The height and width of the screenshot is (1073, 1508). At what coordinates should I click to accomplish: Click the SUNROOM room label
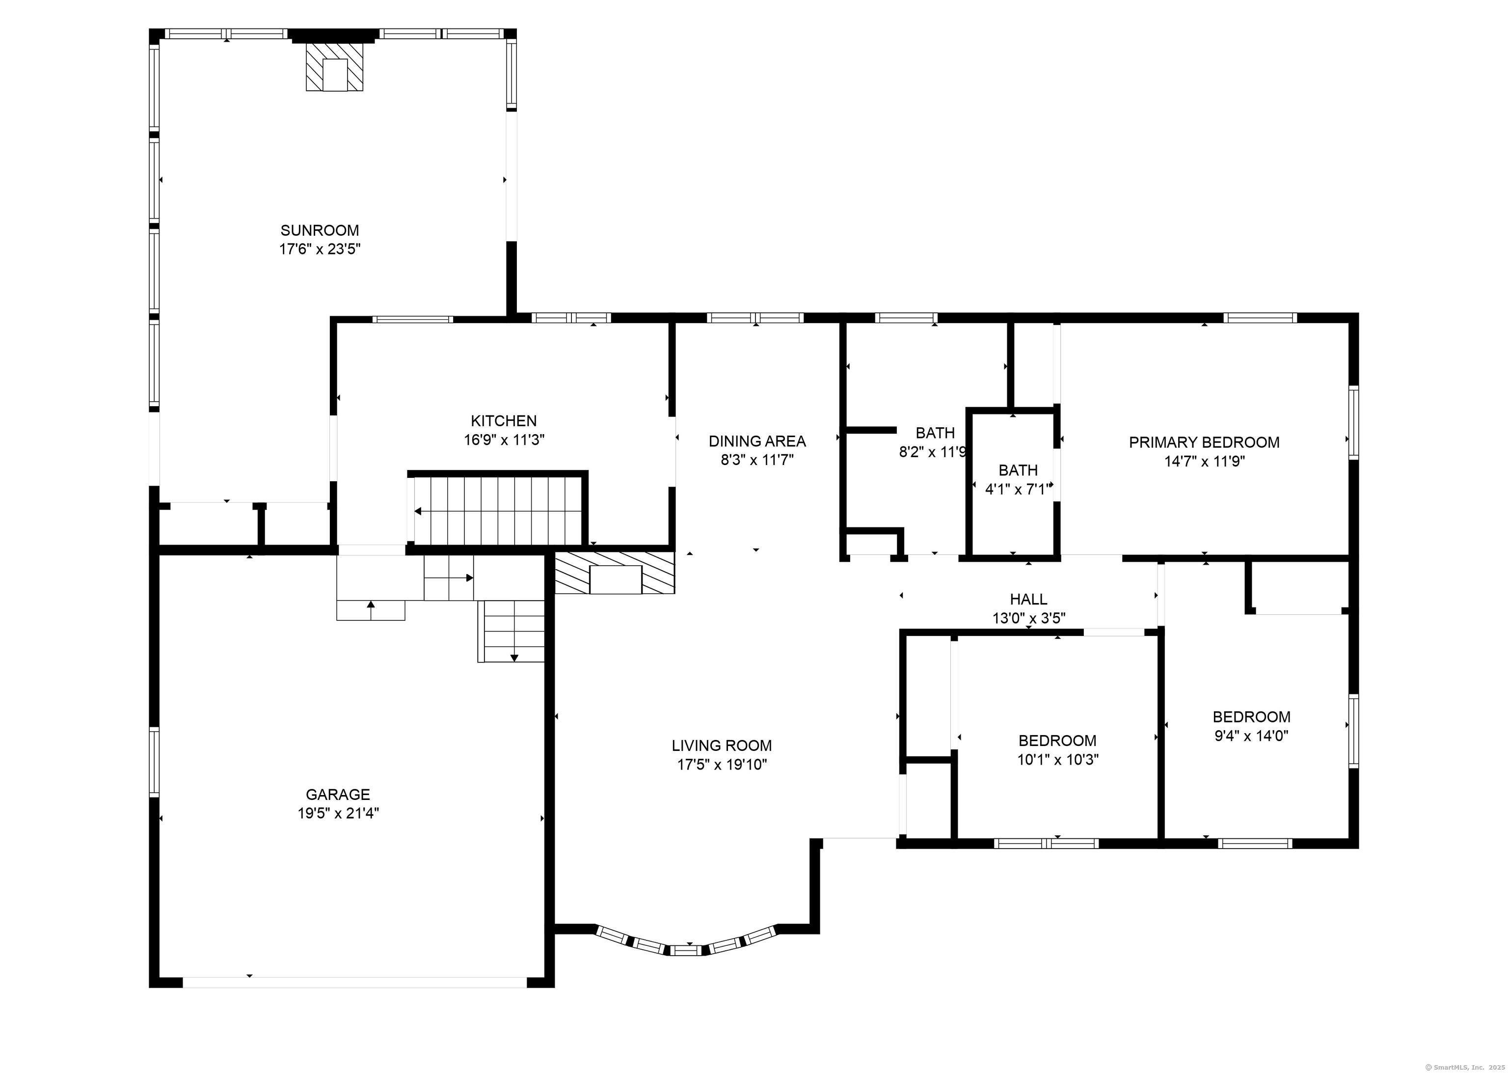click(320, 231)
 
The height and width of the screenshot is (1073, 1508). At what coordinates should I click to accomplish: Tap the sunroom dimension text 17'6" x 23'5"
click(320, 249)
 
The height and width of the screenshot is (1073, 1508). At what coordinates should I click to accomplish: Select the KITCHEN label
click(503, 421)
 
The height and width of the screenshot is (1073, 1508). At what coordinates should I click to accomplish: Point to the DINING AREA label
click(757, 441)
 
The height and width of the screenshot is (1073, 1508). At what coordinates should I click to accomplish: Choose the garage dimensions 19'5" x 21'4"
click(338, 813)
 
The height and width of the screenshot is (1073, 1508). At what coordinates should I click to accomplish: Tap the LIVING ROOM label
click(721, 746)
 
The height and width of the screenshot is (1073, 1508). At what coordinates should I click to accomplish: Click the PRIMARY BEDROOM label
click(1204, 442)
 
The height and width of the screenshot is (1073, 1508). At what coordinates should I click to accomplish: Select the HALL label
click(1028, 599)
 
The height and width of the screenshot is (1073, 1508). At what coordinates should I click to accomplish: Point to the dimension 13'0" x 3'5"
click(1028, 618)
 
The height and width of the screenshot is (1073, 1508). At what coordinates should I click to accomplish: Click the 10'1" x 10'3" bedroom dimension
click(1057, 760)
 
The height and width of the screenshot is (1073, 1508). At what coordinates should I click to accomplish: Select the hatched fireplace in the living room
click(614, 572)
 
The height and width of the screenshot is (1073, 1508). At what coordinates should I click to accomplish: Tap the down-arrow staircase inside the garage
click(511, 631)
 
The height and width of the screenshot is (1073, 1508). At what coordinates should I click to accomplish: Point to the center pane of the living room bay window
click(687, 951)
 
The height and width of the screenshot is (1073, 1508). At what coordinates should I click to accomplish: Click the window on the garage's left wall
click(154, 762)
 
